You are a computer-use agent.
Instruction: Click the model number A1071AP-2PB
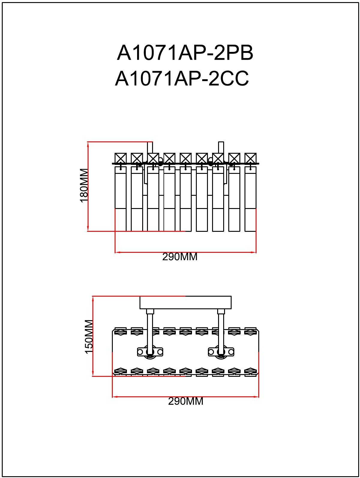click(185, 53)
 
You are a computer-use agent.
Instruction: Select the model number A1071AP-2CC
click(182, 79)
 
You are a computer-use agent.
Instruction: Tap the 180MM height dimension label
click(84, 186)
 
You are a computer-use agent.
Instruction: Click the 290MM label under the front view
click(180, 257)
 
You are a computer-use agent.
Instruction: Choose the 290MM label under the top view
click(186, 401)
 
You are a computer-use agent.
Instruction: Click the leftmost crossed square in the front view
click(121, 158)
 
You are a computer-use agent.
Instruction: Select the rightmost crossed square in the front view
click(250, 158)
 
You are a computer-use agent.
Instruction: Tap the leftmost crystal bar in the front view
click(121, 199)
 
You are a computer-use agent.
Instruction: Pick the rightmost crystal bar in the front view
click(250, 199)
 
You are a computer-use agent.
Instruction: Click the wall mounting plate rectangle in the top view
click(185, 302)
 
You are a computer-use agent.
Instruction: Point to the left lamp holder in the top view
click(150, 352)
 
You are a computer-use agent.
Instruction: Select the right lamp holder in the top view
click(221, 352)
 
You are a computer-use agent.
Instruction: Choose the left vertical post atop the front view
click(150, 148)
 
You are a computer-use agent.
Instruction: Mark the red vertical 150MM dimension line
click(93, 336)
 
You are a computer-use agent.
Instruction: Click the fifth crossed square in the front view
click(185, 158)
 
